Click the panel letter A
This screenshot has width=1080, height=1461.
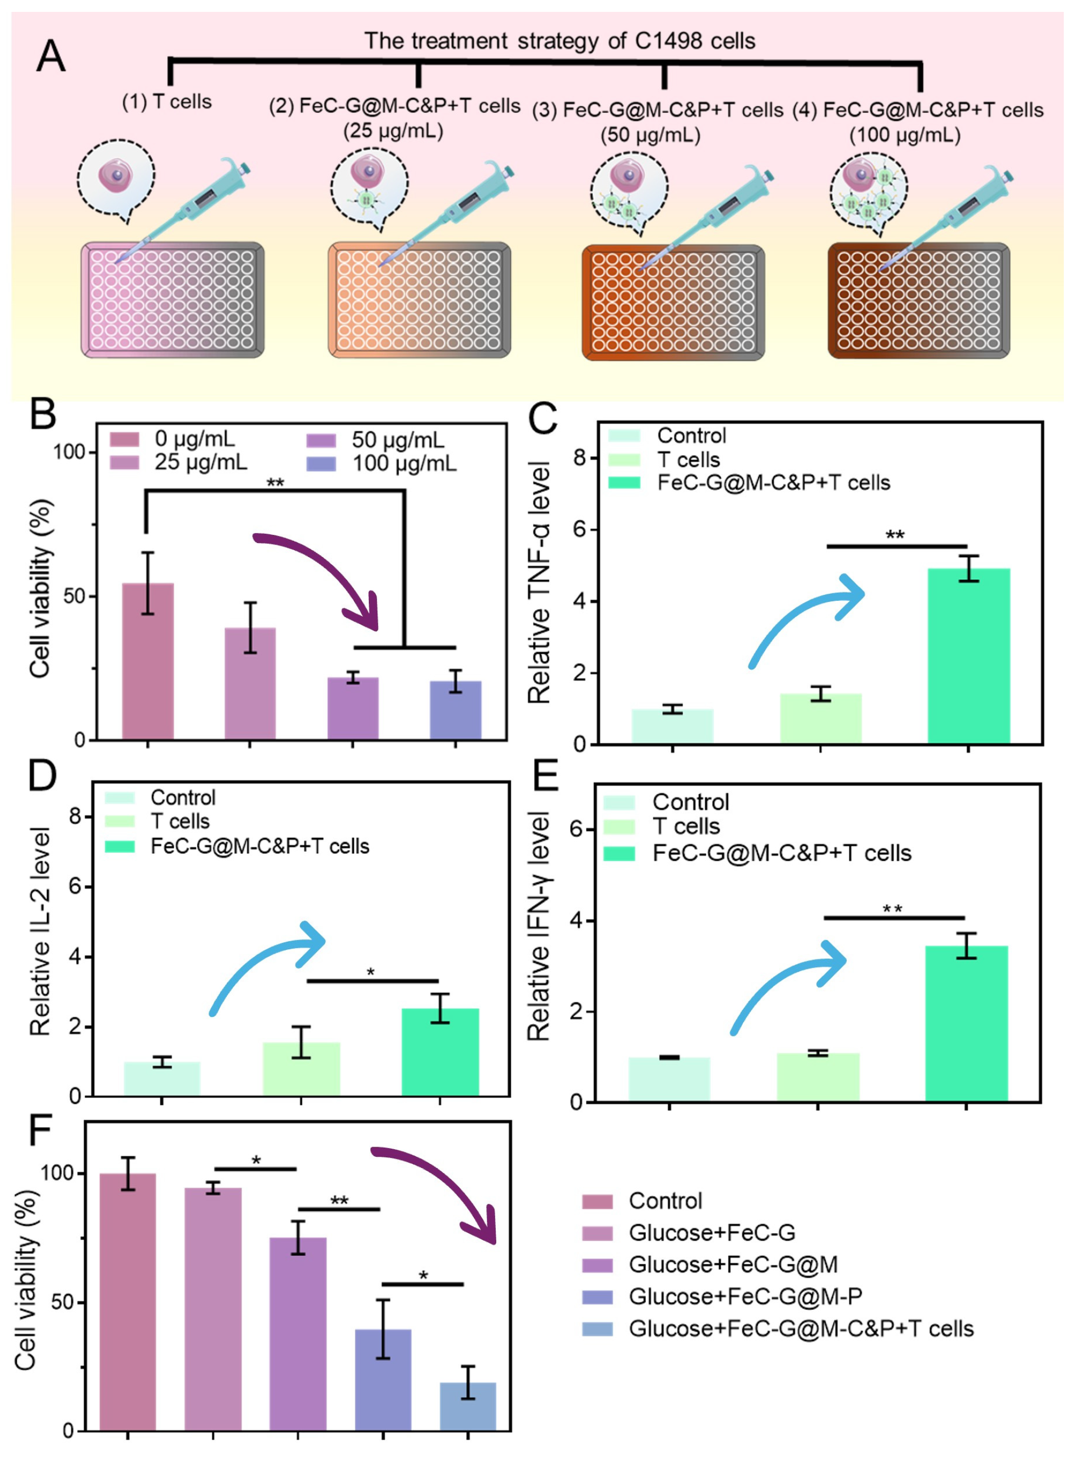51,56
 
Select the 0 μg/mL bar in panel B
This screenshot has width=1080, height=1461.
148,661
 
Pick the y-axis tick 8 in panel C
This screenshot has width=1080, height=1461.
579,458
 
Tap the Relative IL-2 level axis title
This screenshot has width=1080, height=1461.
40,931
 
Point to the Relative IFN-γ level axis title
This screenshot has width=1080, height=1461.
539,926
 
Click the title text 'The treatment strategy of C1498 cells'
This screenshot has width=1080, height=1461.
559,41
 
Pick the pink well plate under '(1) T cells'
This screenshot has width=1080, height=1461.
173,299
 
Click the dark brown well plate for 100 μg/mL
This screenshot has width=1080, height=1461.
919,300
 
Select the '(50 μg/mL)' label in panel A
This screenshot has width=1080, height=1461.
651,136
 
